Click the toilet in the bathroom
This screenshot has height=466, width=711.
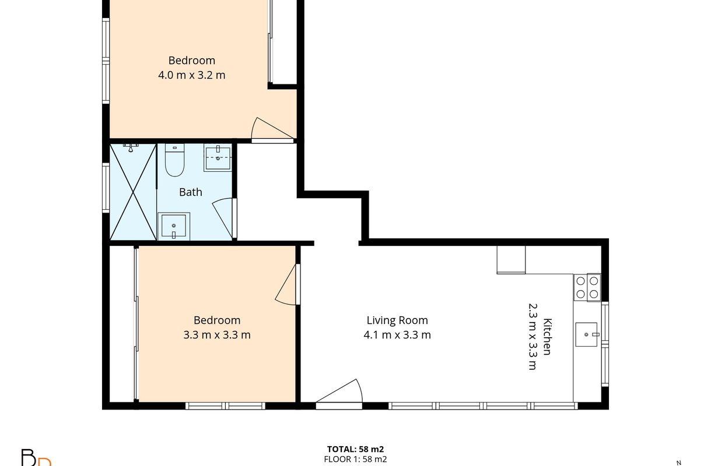(174, 160)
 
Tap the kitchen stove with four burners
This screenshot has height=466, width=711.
(587, 287)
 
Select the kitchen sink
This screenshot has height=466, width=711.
(586, 334)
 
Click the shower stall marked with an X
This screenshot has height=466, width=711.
(133, 192)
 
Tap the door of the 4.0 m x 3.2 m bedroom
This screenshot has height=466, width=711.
(272, 130)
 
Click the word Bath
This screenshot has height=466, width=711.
(191, 192)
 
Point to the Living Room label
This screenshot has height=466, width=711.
(397, 320)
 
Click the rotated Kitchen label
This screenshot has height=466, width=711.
(548, 336)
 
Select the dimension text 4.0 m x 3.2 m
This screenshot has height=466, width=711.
(192, 75)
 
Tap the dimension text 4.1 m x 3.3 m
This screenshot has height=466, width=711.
(397, 335)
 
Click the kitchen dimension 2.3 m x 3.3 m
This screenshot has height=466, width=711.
(533, 336)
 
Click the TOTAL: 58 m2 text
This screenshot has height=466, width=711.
(356, 449)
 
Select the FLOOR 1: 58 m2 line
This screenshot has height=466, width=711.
(356, 459)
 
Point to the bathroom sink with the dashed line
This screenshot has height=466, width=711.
(218, 157)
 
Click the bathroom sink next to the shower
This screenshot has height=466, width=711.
(174, 227)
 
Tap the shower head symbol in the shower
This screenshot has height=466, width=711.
(131, 147)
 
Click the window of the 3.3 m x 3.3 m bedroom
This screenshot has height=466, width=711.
(225, 406)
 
